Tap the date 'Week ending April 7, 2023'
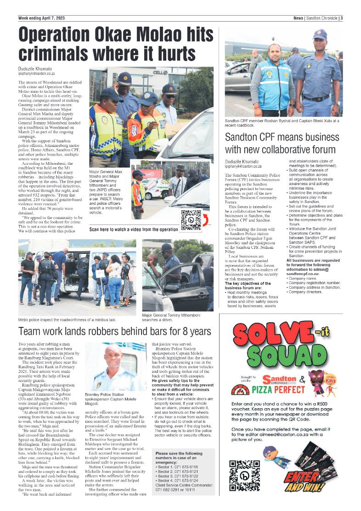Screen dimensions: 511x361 pyautogui.click(x=42, y=18)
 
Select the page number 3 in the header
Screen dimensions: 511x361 pyautogui.click(x=342, y=18)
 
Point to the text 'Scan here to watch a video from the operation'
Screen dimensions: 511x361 pyautogui.click(x=134, y=229)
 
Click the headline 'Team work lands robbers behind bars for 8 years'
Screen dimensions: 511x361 pyautogui.click(x=114, y=331)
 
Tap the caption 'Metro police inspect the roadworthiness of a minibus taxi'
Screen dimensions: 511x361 pyautogui.click(x=67, y=319)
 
